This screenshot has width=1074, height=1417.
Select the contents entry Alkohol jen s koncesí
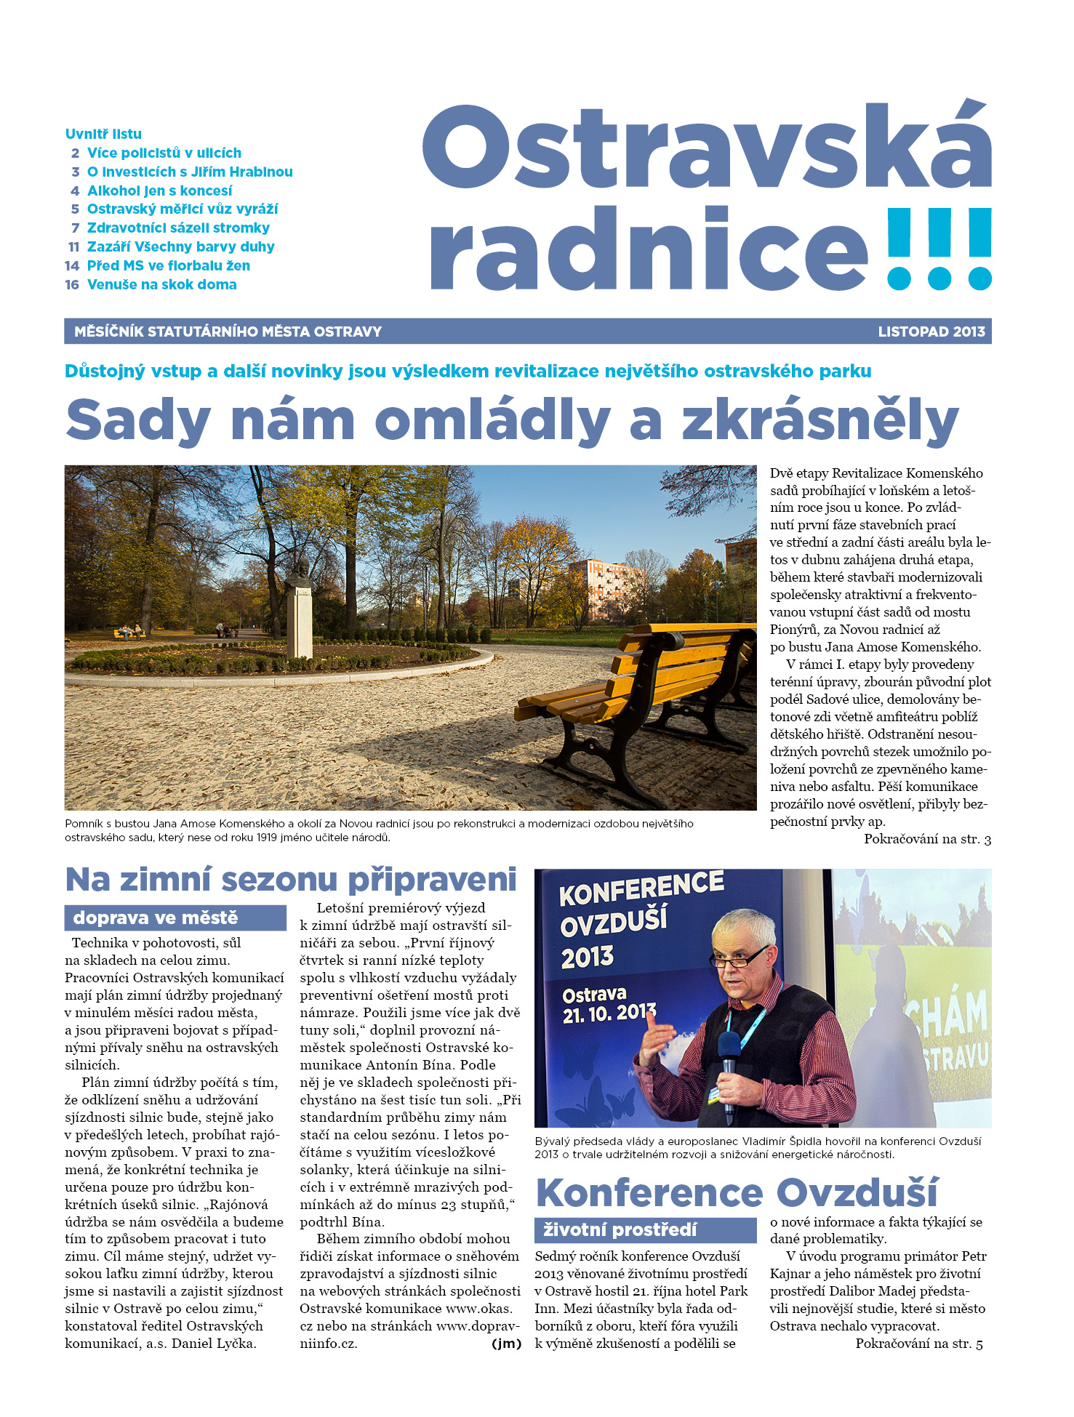tap(159, 190)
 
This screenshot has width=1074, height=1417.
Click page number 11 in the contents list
tap(73, 247)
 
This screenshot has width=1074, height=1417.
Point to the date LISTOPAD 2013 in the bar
tap(931, 332)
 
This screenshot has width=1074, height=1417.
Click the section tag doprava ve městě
tap(156, 918)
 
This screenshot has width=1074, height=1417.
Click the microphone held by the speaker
tap(729, 1054)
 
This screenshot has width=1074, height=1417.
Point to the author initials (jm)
tap(506, 1344)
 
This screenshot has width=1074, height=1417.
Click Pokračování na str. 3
tap(927, 840)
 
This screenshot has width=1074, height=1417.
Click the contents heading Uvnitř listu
tap(103, 134)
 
